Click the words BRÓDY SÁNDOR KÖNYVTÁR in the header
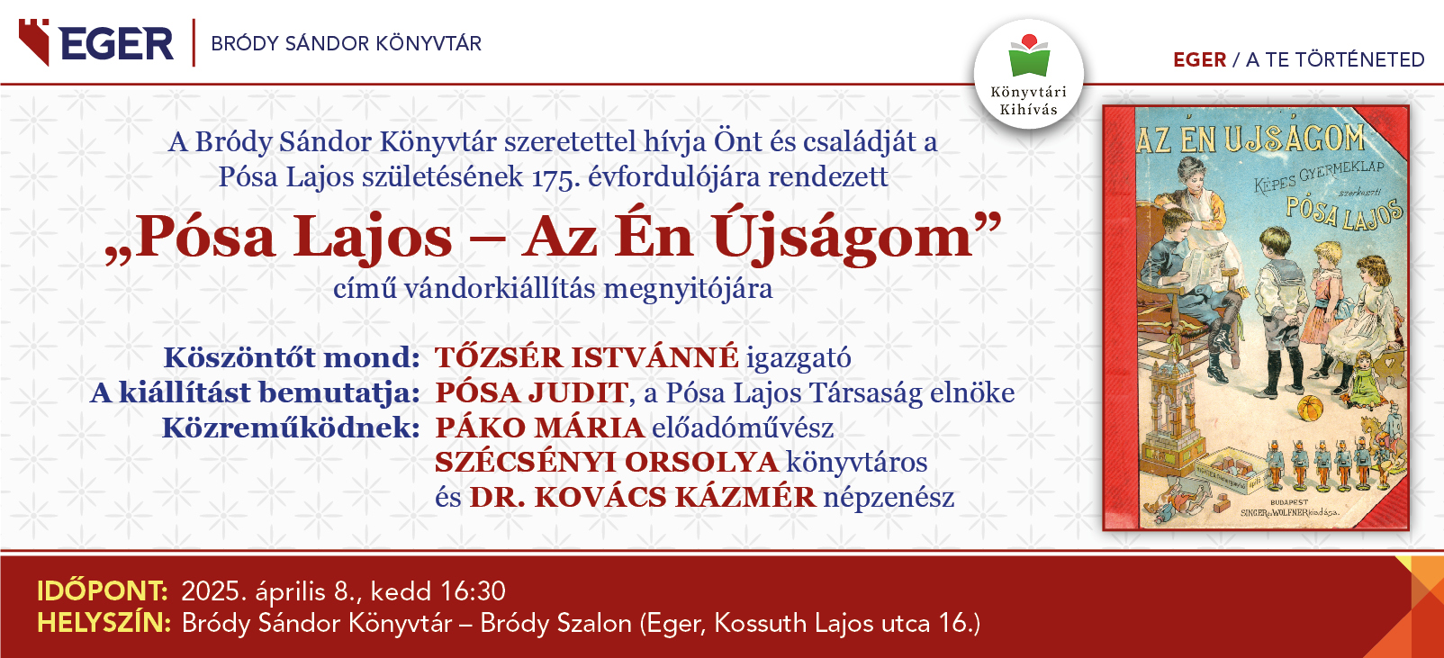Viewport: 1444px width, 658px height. click(347, 44)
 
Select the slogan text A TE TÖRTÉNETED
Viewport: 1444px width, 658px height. click(1335, 60)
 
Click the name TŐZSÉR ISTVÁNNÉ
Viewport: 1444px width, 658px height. click(587, 357)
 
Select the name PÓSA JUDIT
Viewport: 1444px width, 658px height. click(531, 392)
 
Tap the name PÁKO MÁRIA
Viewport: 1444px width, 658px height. click(539, 428)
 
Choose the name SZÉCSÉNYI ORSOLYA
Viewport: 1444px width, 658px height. click(607, 462)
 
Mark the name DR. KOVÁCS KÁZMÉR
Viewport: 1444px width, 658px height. click(643, 498)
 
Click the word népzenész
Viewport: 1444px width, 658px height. click(889, 498)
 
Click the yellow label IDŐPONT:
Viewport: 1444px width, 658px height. click(103, 590)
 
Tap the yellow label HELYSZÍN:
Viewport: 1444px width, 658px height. click(104, 623)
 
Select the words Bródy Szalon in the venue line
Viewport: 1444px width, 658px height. click(555, 623)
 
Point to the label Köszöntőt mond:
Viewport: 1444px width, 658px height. click(292, 357)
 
